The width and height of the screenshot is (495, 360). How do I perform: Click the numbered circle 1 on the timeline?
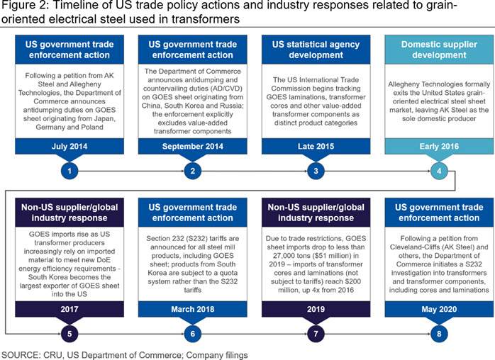pos(69,171)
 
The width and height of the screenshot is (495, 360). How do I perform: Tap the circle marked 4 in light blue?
pos(439,171)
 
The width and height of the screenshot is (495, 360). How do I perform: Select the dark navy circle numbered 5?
pos(69,334)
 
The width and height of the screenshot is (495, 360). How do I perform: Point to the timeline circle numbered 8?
pos(439,334)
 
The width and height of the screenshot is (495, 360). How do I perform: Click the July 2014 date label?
pos(69,147)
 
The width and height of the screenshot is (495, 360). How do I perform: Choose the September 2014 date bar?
pos(193,147)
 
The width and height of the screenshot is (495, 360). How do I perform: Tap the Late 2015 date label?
pos(316,147)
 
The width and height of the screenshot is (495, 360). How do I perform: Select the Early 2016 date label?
pos(439,147)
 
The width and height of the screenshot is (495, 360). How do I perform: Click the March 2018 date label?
pos(193,309)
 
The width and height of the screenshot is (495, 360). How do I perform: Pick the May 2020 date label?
pos(439,309)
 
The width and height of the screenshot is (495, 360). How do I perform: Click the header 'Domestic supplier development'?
pos(439,50)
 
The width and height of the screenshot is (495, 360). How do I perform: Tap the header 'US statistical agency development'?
pos(316,50)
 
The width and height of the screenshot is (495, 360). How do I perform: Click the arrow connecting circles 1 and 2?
pos(131,171)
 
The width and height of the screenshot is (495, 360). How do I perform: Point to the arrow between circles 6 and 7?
pos(255,334)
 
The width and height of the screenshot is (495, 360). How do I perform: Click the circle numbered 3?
pos(316,171)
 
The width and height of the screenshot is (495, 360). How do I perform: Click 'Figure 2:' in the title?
pos(25,6)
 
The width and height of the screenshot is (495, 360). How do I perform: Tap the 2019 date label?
pos(316,309)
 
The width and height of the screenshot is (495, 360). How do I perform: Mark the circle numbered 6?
pos(193,334)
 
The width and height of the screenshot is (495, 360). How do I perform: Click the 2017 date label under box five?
pos(69,309)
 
